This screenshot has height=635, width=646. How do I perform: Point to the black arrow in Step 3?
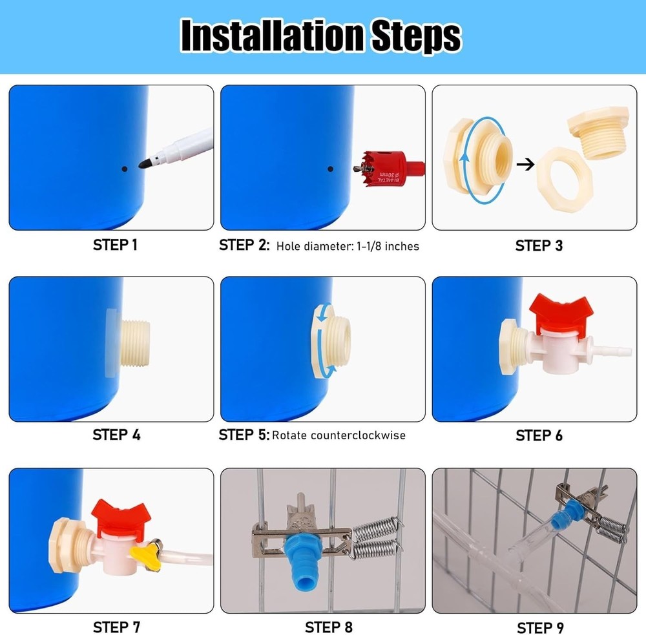[528, 164]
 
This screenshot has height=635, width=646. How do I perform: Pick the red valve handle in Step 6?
[559, 308]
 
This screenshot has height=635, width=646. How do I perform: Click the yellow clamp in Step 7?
[143, 551]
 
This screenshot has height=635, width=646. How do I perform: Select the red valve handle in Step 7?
[121, 515]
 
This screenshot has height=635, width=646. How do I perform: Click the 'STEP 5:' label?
[244, 435]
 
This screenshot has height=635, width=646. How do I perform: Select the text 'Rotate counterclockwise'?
[339, 435]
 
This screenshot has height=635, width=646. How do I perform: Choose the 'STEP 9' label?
[539, 628]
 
